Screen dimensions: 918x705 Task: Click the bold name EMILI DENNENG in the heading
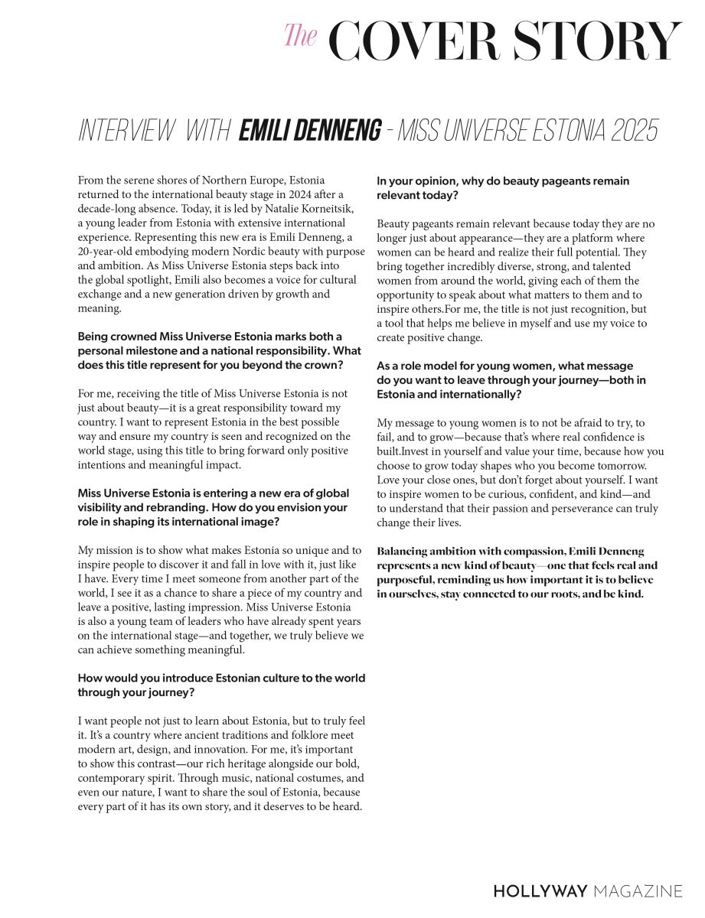coord(309,131)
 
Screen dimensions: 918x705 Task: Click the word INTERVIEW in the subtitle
coord(126,131)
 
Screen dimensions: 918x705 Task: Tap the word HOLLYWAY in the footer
coord(540,891)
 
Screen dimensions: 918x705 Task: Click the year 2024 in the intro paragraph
coord(270,194)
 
